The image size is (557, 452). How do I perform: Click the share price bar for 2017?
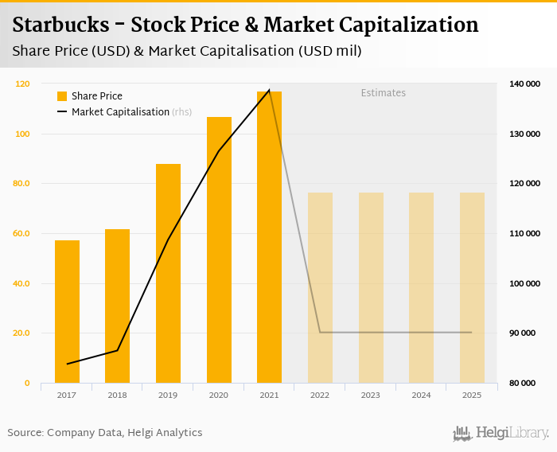[x=67, y=311]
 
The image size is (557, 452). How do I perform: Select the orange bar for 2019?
[x=168, y=273]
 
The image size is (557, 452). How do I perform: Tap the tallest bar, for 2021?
[x=269, y=237]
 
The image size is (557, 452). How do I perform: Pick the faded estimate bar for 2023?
[x=371, y=287]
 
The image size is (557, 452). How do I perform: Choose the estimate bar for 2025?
[x=472, y=287]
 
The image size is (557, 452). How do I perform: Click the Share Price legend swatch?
[x=62, y=96]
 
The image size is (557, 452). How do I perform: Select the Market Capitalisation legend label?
[x=120, y=112]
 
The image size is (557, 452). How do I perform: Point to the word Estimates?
[x=383, y=93]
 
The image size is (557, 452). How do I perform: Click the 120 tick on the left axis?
[x=22, y=84]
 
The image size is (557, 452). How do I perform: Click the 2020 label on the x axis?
[x=218, y=395]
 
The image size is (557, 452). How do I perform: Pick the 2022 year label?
[x=319, y=395]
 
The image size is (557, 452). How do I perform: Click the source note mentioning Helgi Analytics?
[x=105, y=433]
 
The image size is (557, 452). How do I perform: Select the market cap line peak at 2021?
[x=269, y=90]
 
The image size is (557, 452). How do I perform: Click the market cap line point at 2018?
[x=118, y=350]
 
